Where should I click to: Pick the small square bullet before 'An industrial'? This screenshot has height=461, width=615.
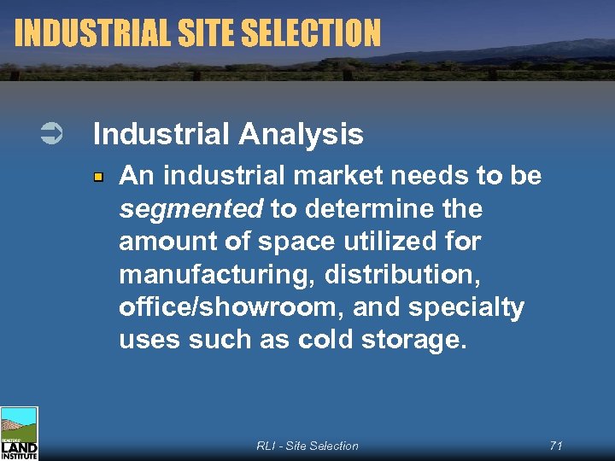(x=99, y=177)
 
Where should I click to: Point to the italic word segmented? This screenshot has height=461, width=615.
(x=192, y=209)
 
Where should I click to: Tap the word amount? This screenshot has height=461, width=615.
(x=161, y=242)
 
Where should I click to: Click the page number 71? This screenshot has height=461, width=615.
(x=556, y=446)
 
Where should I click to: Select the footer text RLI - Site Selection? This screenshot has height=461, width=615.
(x=307, y=446)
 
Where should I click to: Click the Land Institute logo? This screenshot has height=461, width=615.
(x=19, y=434)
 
